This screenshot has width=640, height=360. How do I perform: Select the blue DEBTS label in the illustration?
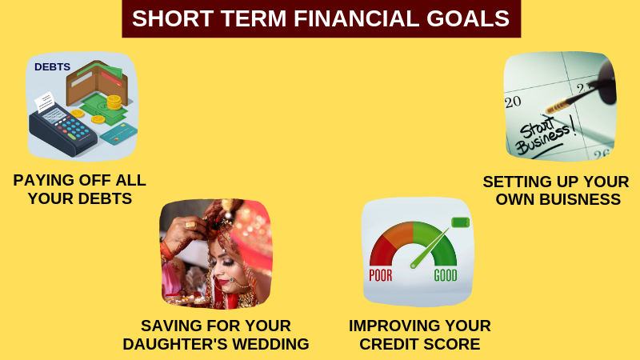click(52, 67)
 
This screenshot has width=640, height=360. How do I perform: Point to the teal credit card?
click(118, 134)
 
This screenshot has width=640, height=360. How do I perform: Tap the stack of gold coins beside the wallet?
click(114, 102)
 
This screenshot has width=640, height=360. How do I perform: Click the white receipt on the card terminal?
click(45, 102)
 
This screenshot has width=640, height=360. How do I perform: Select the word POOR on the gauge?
click(381, 275)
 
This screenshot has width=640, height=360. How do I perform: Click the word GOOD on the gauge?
click(446, 275)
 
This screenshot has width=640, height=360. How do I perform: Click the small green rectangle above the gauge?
click(461, 222)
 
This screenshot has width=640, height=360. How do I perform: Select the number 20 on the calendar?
click(513, 102)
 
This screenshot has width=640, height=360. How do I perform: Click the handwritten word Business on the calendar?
click(543, 139)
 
